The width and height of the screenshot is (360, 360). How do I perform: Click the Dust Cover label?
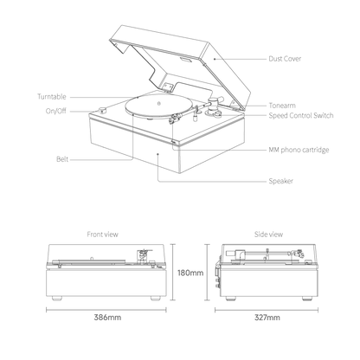285,59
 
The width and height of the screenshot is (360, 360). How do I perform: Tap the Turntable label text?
52,97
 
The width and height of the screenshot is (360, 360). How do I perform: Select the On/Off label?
56,111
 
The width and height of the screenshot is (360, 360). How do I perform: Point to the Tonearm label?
282,106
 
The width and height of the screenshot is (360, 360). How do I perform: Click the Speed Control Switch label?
301,116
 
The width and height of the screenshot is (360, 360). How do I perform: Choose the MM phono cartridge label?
299,150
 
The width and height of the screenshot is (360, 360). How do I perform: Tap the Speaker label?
281,181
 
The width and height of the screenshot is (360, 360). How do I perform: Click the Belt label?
62,159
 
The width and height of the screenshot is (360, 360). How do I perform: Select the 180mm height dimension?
190,273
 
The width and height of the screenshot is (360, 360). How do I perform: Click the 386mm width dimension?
107,318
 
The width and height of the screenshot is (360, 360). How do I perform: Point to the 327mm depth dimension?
267,318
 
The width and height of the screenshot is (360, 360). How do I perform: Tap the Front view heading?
103,235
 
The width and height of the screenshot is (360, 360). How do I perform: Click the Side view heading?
268,235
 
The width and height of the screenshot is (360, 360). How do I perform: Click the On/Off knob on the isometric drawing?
102,110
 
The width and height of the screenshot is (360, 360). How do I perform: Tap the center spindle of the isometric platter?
158,103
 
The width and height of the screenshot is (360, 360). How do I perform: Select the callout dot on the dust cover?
215,59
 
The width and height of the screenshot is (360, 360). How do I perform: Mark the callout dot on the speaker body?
157,154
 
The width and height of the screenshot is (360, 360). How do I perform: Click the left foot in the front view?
57,299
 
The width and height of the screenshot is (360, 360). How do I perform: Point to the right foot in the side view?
307,299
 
